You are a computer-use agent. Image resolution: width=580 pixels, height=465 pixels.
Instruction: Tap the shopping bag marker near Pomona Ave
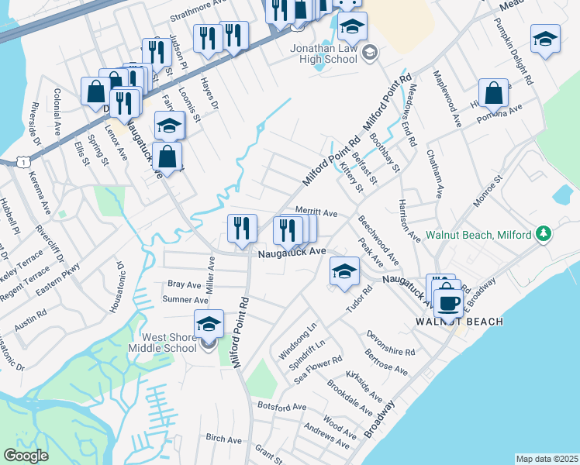(493, 94)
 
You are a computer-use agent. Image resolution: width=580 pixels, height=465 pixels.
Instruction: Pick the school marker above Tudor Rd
(344, 271)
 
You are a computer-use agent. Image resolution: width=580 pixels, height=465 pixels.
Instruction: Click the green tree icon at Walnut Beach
(544, 233)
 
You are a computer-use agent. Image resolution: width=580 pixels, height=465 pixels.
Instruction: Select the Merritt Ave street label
(316, 212)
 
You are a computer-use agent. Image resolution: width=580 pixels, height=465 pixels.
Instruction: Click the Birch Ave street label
(224, 439)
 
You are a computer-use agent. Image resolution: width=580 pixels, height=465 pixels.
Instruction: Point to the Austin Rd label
(30, 320)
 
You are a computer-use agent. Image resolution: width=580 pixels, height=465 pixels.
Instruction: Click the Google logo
(26, 456)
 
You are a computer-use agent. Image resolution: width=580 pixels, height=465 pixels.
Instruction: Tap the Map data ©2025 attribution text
(547, 459)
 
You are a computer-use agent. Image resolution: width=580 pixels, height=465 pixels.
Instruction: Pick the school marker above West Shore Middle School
(208, 325)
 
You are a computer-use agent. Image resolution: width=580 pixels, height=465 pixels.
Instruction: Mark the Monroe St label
(489, 189)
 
